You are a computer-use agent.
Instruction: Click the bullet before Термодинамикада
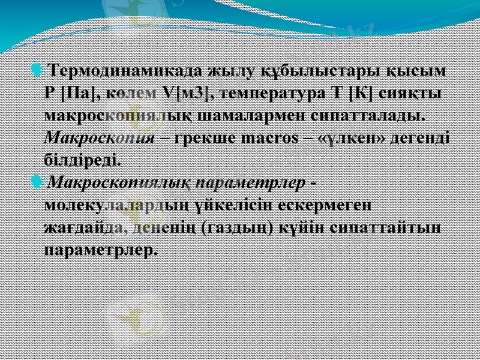[38, 71]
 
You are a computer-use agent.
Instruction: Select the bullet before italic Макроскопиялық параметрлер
[38, 181]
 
